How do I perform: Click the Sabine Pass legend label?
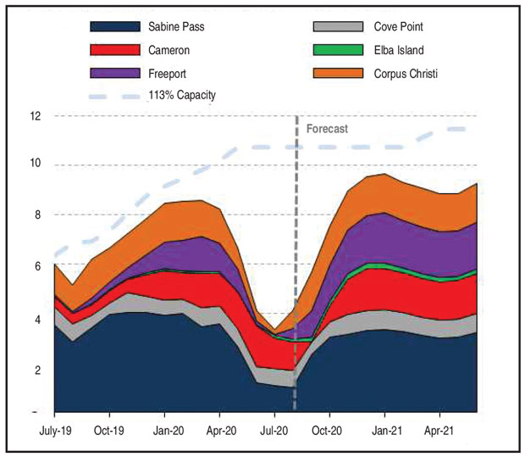coord(176,27)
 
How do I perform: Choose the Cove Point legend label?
coord(398,27)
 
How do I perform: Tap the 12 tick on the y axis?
coord(36,115)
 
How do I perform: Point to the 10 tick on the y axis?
coord(36,165)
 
